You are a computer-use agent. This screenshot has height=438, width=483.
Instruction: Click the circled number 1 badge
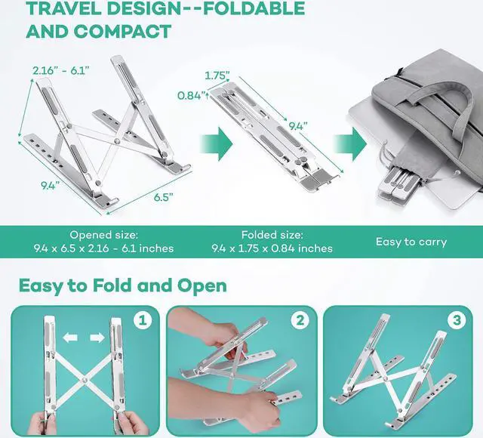143,320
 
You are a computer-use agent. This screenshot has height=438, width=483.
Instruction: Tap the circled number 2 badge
300,320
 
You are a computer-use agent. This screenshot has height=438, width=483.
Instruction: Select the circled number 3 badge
457,320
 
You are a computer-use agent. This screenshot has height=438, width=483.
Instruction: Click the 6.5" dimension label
164,198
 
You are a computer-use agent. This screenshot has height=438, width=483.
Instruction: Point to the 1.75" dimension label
217,76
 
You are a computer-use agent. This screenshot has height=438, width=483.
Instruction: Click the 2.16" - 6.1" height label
61,71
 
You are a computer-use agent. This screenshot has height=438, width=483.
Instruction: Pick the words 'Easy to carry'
411,242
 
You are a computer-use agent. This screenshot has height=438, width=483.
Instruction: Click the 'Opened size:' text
104,235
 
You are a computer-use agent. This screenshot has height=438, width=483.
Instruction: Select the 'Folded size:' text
272,235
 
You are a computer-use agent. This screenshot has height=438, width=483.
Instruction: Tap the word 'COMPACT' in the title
122,31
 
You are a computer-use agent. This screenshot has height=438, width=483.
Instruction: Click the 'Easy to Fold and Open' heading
122,285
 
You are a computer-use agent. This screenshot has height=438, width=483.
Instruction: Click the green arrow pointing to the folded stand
217,143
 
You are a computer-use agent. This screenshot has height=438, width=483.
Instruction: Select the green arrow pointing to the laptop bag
350,144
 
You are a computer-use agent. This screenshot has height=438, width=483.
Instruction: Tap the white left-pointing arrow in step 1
70,338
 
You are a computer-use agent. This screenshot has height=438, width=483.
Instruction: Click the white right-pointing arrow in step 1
97,338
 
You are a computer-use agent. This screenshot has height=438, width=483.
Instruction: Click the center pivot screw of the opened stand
117,141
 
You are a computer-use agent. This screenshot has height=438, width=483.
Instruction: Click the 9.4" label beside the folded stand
297,126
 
